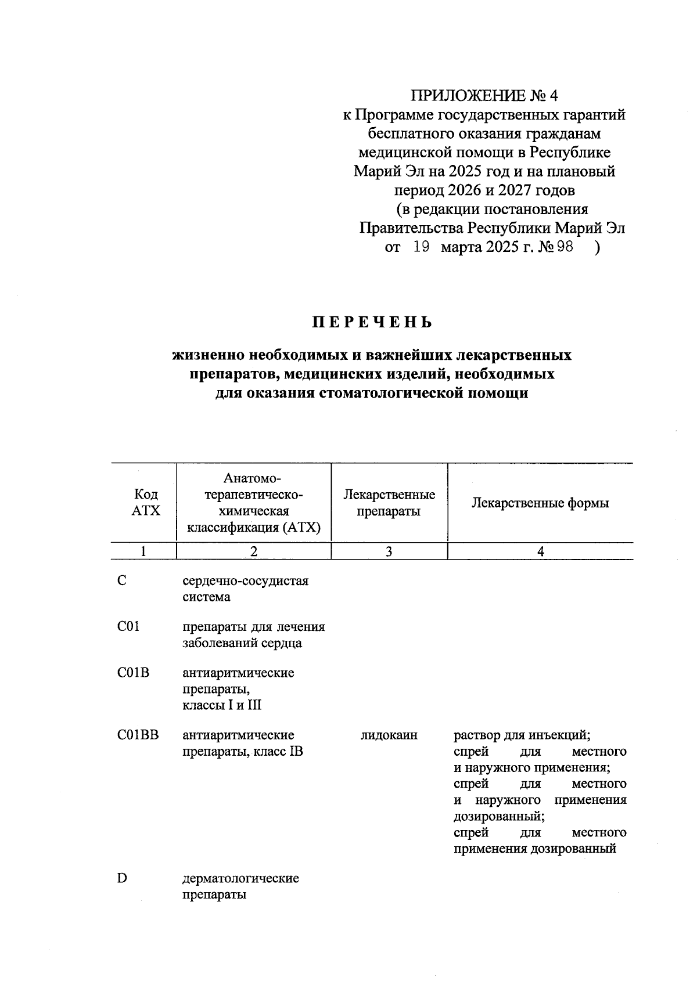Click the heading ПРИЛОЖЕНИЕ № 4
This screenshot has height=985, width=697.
coord(484,95)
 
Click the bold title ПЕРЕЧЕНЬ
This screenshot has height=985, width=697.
coord(372,323)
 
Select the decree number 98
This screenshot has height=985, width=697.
coord(564,247)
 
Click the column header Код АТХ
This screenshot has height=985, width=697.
coord(145,503)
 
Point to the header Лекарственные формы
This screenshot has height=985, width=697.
coord(540,503)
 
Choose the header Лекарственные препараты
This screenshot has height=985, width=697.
coord(389,503)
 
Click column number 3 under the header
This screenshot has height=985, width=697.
coord(389,551)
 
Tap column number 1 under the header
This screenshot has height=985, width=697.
coord(143,551)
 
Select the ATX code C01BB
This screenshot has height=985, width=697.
coord(138,735)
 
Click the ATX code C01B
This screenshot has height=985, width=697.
coord(133,673)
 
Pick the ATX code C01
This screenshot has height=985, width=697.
coord(128,627)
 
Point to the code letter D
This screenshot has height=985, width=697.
coord(122,878)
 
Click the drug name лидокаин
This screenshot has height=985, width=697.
coord(389,735)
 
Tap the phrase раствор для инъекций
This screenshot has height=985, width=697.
coord(522,735)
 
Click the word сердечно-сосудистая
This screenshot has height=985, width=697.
coord(245,581)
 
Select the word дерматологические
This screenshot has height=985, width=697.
coord(240,878)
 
